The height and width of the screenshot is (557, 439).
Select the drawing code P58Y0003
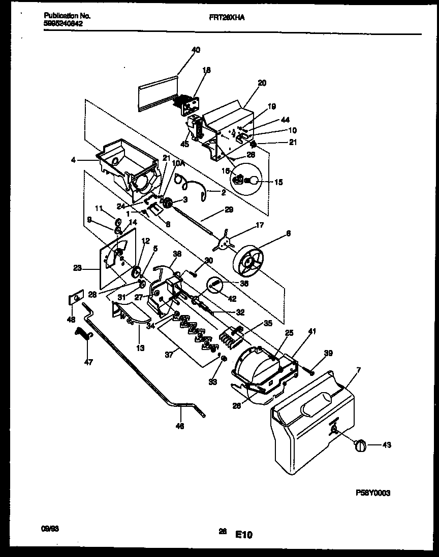(x=373, y=492)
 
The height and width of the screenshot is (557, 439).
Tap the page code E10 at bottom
(x=243, y=534)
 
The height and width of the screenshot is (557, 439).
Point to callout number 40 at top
(x=196, y=50)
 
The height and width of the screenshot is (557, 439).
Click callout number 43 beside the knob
(x=388, y=445)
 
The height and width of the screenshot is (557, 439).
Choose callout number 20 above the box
(x=262, y=83)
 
